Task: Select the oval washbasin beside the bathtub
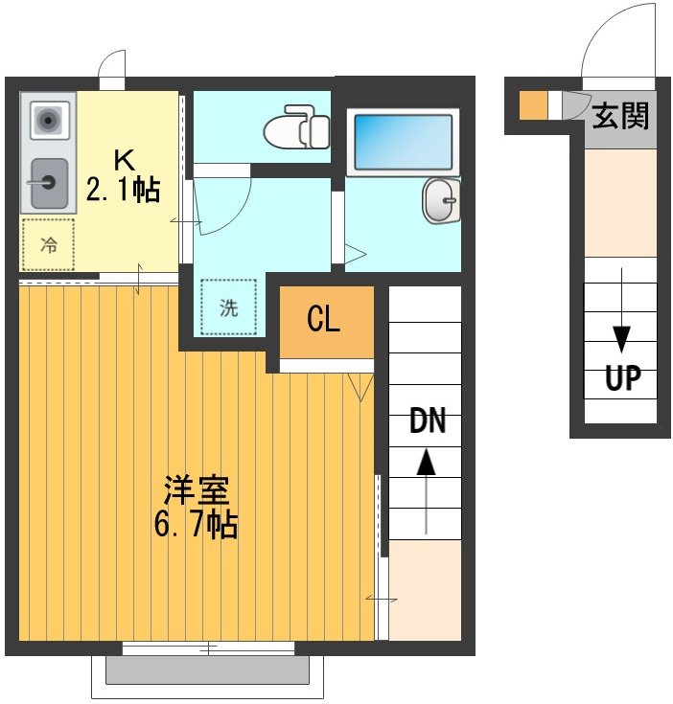coord(440,201)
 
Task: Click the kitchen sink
coord(46,183)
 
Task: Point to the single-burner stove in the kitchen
coord(47,121)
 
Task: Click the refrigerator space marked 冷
coord(47,245)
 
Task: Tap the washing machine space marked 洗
coord(229,307)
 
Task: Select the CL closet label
coord(323,319)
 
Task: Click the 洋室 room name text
coord(196,492)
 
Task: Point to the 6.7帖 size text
coord(196,525)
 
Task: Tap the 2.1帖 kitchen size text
coord(122,190)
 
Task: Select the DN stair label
coord(427,421)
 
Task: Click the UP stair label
coord(621,379)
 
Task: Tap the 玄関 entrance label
coord(620,116)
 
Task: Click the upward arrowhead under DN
coord(426,464)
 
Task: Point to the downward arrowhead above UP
coord(621,339)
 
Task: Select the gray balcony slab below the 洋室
coord(207,670)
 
